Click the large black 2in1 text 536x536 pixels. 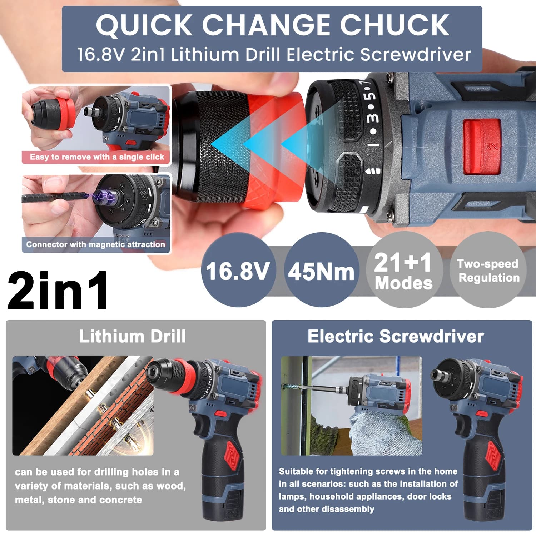58,290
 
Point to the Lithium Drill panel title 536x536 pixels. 133,336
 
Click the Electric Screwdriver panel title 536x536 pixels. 396,336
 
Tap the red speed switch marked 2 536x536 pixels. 482,147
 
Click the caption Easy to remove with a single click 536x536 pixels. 97,157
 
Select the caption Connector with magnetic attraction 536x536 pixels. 96,244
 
